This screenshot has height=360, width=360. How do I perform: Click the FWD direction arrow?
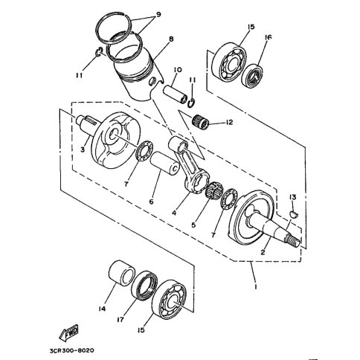(68, 332)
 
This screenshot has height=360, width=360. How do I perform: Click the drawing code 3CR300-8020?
(71, 350)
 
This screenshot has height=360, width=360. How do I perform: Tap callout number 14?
(102, 309)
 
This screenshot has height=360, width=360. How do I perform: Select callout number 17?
(120, 320)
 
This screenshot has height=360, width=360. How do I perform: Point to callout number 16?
(268, 37)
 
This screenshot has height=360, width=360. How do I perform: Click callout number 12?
(230, 122)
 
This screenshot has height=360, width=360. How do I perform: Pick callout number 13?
(292, 197)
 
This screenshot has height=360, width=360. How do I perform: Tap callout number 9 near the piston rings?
(157, 14)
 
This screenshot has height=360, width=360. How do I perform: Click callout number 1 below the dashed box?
(255, 286)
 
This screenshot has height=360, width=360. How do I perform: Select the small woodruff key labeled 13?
(295, 214)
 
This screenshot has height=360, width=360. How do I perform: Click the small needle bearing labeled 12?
(201, 120)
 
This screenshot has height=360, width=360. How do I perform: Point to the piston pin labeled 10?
(175, 94)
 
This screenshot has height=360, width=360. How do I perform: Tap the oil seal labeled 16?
(252, 76)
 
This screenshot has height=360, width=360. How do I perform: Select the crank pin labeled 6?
(164, 164)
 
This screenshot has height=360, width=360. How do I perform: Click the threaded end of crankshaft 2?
(293, 240)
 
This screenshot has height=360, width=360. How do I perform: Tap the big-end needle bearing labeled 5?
(214, 191)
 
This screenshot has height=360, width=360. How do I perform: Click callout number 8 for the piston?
(171, 39)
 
